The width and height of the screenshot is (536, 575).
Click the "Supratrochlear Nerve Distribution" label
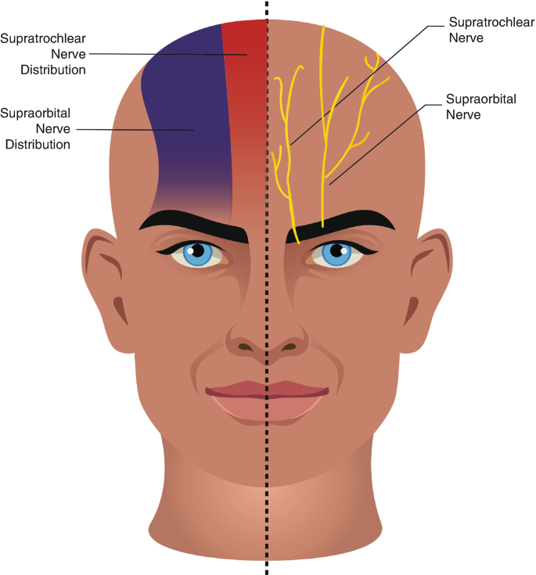click(x=42, y=53)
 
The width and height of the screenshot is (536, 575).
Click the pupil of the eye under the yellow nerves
click(x=337, y=251)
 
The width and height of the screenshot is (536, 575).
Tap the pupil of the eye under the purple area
click(x=198, y=251)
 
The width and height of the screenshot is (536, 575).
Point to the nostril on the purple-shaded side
click(x=246, y=346)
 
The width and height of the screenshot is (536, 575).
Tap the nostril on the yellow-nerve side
click(x=290, y=346)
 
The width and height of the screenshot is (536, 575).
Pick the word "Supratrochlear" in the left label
click(x=42, y=38)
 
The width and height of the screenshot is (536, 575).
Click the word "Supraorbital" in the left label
click(x=37, y=113)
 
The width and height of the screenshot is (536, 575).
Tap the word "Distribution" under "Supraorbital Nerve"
click(x=38, y=144)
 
